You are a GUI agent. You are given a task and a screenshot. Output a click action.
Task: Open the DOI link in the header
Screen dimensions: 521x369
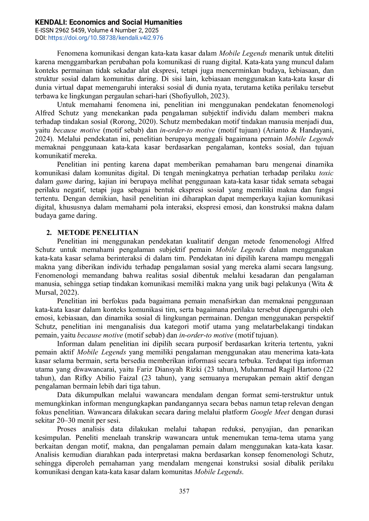105,38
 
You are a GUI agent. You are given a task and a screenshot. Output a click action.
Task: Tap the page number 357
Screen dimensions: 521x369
184,491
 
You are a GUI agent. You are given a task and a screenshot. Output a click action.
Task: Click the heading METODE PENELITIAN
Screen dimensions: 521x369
98,233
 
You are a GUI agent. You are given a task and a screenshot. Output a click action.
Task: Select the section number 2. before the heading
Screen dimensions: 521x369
49,233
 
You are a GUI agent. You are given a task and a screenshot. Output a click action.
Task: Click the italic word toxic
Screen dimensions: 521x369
326,173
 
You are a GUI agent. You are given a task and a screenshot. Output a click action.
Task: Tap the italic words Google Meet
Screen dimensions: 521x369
270,412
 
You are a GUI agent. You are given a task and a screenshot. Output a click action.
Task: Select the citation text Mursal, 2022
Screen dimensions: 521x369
56,293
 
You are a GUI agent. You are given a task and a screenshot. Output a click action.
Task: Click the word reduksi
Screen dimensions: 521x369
234,429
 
